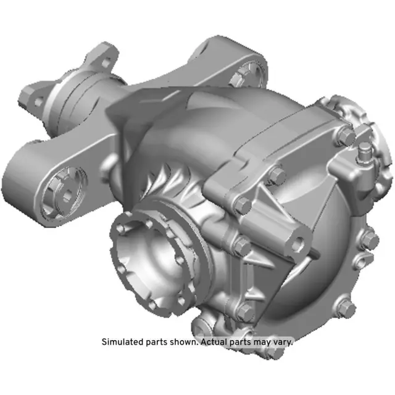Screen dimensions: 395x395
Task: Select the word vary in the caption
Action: [281, 341]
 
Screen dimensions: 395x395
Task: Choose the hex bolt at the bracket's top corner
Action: [276, 175]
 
